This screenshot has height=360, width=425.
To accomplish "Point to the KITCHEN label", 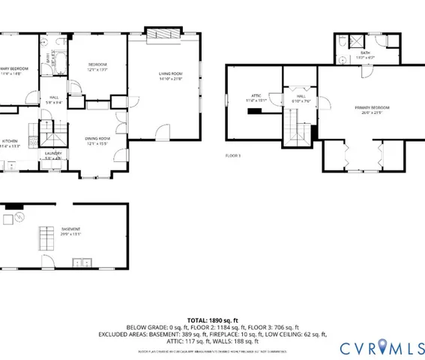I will (9, 143).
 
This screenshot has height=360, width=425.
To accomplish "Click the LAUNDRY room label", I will (52, 155).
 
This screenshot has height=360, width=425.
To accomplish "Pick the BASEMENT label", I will (50, 231).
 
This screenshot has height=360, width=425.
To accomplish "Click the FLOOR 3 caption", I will (234, 155).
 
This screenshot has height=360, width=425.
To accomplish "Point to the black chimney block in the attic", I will (256, 111).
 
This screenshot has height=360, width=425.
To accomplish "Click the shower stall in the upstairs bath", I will (358, 40).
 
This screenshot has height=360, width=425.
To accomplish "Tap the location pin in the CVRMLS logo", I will (384, 346).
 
